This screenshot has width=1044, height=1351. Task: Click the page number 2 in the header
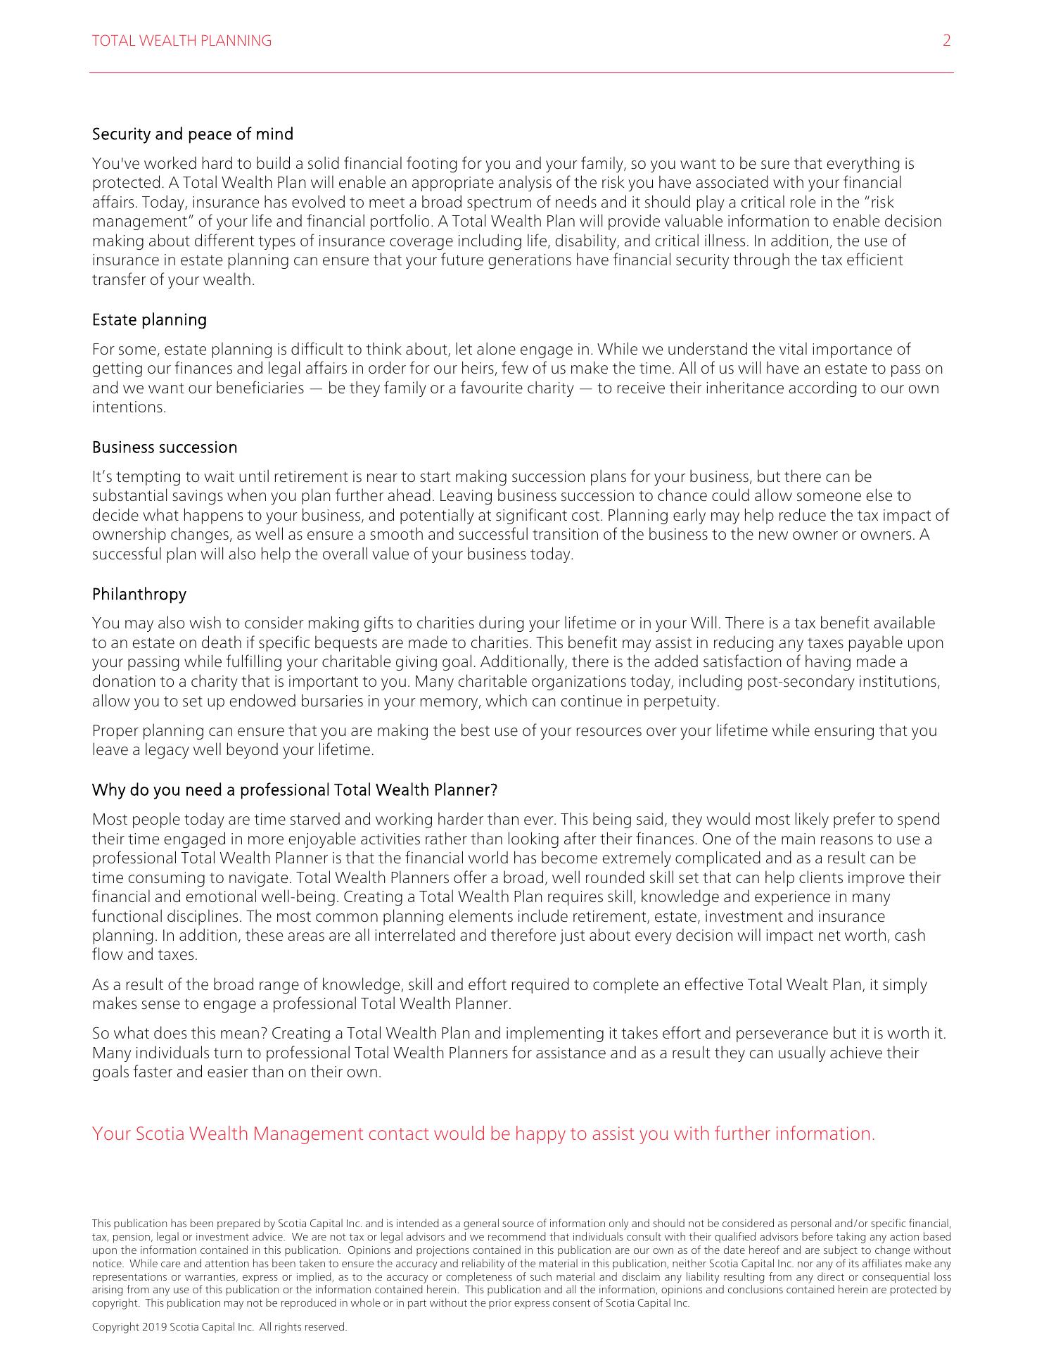pyautogui.click(x=946, y=41)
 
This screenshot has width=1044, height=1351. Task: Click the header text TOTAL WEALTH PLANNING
pyautogui.click(x=182, y=41)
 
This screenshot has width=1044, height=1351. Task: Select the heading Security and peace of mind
pyautogui.click(x=193, y=134)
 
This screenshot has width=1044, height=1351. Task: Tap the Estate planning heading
pyautogui.click(x=149, y=320)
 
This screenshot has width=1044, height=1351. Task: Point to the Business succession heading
pyautogui.click(x=165, y=448)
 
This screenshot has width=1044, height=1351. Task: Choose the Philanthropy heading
pyautogui.click(x=139, y=595)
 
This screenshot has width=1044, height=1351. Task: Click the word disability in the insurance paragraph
pyautogui.click(x=586, y=241)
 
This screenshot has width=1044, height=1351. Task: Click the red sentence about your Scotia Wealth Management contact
pyautogui.click(x=483, y=1134)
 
